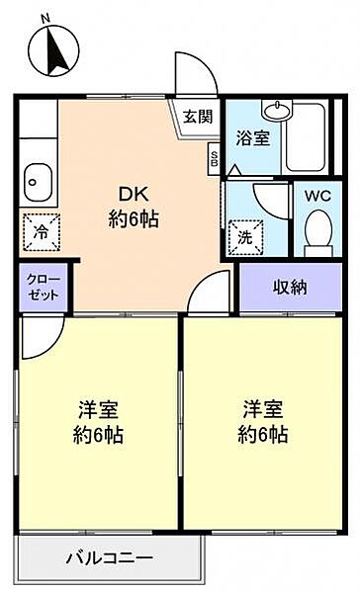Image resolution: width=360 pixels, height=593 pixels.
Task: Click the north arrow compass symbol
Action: tap(53, 51)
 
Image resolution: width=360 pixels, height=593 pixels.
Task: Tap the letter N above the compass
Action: tap(45, 19)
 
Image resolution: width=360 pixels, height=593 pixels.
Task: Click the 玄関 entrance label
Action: tap(198, 117)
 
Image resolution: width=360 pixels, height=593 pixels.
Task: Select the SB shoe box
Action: tap(214, 159)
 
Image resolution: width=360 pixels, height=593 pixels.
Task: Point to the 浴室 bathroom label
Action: tap(253, 138)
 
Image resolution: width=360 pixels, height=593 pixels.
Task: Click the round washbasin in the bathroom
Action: tap(278, 110)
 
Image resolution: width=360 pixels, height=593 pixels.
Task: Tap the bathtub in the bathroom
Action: tap(306, 137)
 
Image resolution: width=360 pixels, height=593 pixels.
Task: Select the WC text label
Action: tap(318, 196)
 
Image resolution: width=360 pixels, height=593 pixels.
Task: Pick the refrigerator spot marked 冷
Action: tap(42, 232)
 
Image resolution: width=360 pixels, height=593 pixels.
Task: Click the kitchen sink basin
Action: tap(38, 183)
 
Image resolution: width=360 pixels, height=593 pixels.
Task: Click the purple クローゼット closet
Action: tap(44, 288)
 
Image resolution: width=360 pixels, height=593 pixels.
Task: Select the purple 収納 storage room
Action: tap(291, 288)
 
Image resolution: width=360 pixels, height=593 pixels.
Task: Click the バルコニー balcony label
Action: tap(110, 557)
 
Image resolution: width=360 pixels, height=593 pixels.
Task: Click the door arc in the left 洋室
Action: tap(53, 346)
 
